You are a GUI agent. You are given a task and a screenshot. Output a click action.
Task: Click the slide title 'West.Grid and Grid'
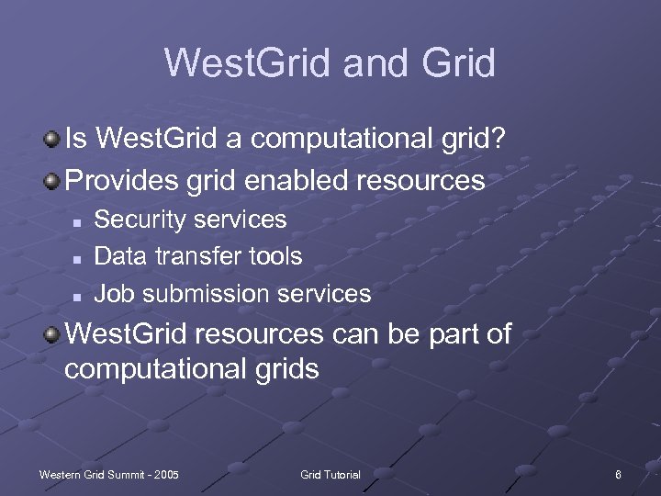330,63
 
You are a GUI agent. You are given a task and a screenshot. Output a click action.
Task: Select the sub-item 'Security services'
191,220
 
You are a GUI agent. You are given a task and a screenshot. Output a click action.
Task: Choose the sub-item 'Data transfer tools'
198,256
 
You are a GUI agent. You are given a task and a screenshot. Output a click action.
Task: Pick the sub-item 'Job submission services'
233,294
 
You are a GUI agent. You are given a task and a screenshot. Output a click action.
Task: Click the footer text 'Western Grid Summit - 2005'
108,474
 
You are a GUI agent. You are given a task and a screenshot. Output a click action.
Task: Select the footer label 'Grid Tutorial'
330,474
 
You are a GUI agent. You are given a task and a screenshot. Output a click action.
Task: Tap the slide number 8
619,474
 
